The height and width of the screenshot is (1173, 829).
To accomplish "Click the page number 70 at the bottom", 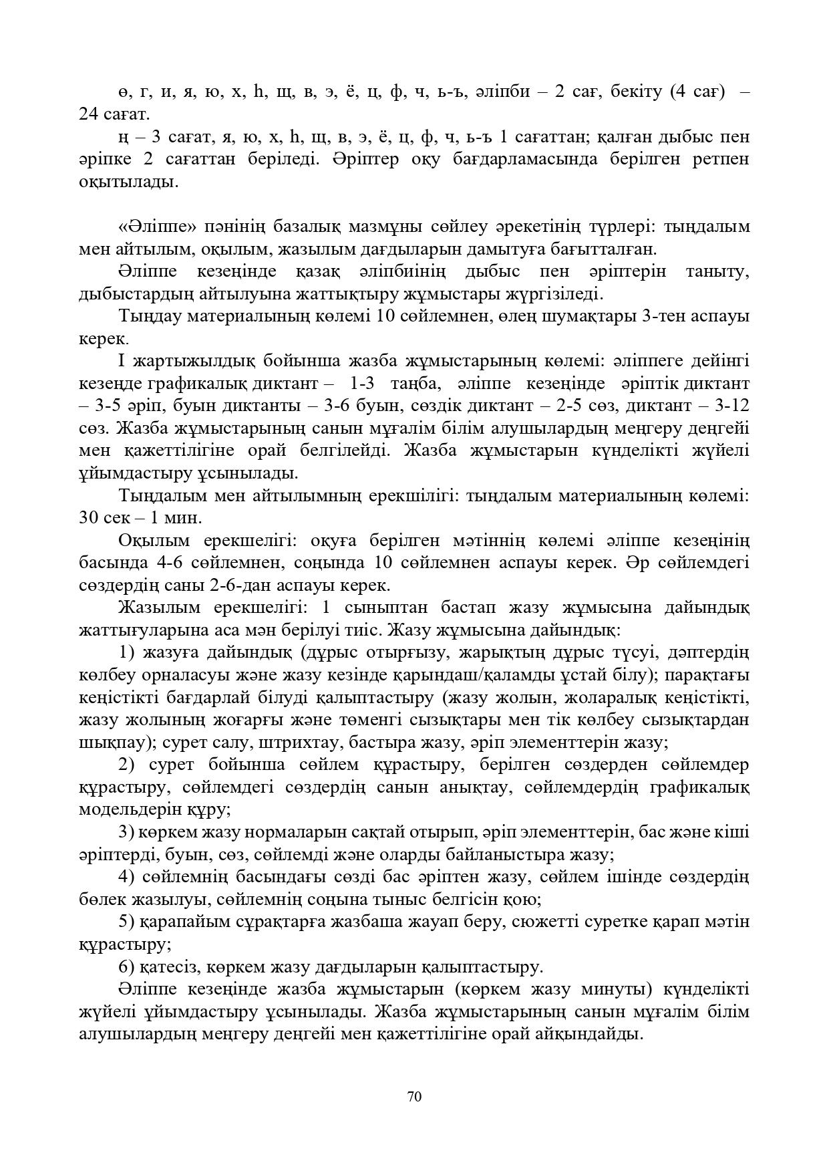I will (x=414, y=1096).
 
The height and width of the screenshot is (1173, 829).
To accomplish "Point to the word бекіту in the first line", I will (x=633, y=92).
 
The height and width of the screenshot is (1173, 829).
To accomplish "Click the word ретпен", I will (x=719, y=159).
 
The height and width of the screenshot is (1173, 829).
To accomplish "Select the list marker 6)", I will (x=127, y=966).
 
